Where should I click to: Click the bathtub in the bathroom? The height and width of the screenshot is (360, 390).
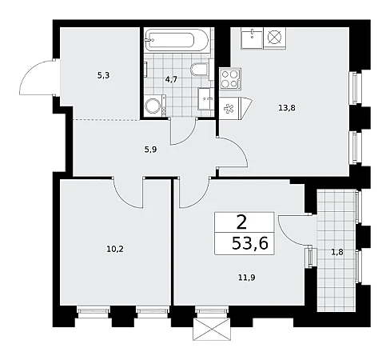click(176, 40)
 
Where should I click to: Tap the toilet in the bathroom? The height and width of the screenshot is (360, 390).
click(200, 70)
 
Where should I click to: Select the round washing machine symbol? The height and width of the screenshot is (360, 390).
click(153, 106)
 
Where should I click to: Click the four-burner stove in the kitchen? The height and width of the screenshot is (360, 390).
click(230, 78)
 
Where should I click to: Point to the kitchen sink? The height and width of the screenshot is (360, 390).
click(252, 38)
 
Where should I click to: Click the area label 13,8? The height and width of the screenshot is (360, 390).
click(287, 108)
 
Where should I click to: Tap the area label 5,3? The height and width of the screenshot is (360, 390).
click(103, 76)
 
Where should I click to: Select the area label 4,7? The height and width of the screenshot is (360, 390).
click(171, 79)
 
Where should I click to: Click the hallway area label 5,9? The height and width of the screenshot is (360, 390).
click(150, 150)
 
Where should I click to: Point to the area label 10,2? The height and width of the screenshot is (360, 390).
click(115, 249)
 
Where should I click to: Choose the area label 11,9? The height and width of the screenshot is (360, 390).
click(246, 278)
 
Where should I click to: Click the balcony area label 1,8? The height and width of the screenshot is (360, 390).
click(337, 252)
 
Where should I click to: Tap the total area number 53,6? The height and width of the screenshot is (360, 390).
click(250, 243)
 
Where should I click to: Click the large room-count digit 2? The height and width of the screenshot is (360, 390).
click(241, 223)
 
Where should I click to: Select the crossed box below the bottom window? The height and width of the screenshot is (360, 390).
click(212, 329)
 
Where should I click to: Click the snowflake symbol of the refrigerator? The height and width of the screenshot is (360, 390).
click(229, 109)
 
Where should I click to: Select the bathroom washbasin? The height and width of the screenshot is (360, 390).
click(206, 98)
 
